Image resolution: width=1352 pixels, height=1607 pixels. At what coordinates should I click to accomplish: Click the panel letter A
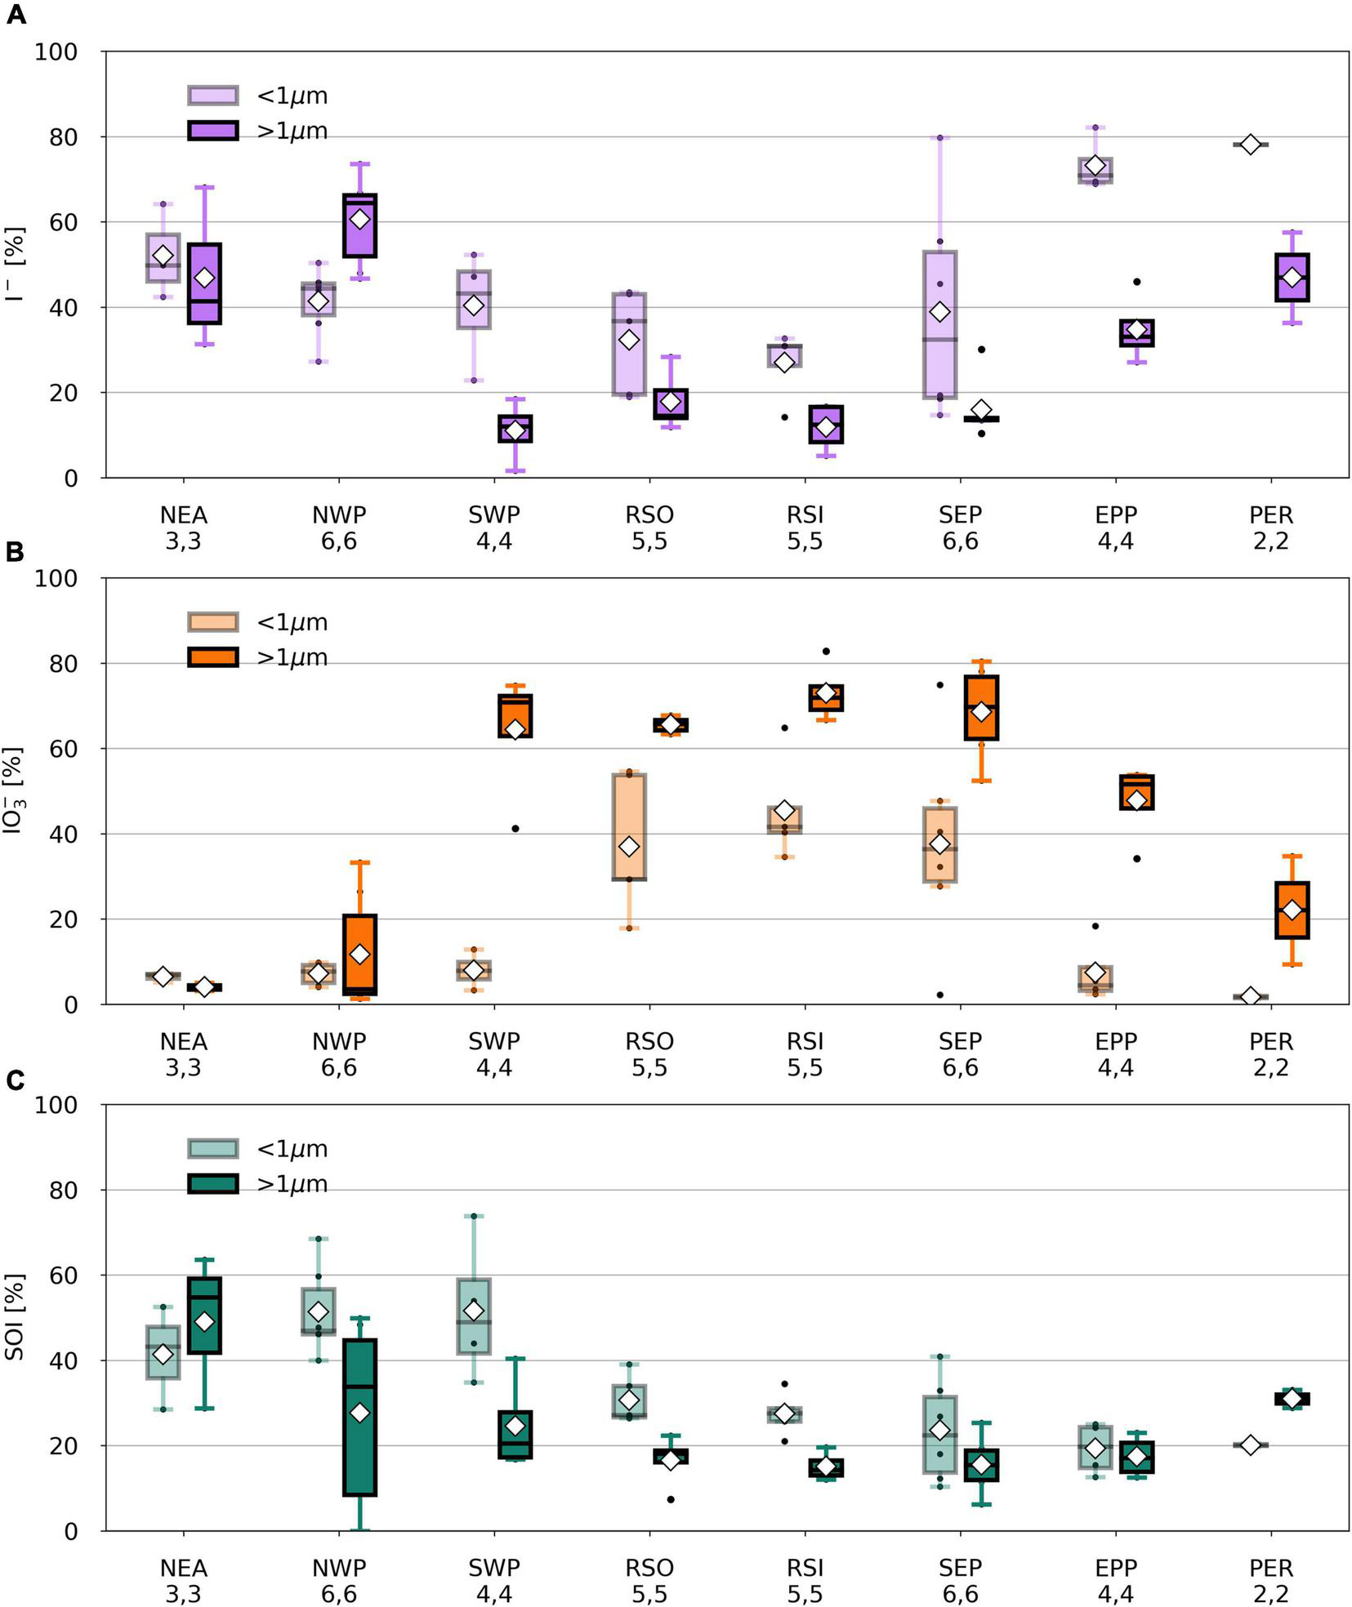point(16,14)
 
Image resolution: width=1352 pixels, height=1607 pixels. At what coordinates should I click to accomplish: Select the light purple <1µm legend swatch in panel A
point(212,96)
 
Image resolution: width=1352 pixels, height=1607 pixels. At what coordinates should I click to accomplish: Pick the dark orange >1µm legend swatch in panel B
point(212,657)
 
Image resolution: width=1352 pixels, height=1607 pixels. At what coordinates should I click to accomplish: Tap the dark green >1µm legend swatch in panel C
point(212,1184)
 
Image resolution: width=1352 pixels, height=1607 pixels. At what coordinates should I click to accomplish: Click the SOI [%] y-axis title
point(16,1317)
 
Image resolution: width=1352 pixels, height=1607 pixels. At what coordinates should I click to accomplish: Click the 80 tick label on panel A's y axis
point(56,137)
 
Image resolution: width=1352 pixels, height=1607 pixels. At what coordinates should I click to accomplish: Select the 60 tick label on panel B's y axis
point(56,749)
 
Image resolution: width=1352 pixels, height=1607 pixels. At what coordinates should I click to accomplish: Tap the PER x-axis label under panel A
point(1271,516)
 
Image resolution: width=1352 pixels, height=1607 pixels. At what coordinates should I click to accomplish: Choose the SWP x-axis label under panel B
point(494,1042)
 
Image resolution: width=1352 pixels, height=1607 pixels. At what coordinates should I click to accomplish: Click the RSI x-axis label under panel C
point(805,1569)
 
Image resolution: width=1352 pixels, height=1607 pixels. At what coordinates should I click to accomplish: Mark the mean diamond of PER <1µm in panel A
point(1250,145)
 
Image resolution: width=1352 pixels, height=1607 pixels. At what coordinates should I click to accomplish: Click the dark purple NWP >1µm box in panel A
point(359,225)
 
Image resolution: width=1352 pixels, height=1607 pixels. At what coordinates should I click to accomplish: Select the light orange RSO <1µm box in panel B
point(629,826)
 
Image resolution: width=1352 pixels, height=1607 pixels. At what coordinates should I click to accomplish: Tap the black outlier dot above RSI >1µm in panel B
point(826,652)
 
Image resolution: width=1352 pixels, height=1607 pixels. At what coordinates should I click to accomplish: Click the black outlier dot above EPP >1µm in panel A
point(1136,282)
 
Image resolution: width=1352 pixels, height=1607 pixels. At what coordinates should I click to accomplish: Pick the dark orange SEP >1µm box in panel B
point(981,707)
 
